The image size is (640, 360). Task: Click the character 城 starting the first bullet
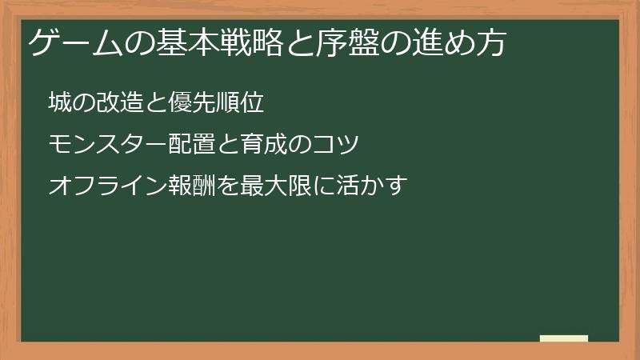point(58,103)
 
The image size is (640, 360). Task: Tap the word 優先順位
point(221,103)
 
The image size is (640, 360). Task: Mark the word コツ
point(331,145)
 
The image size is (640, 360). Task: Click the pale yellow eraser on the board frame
point(564,338)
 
